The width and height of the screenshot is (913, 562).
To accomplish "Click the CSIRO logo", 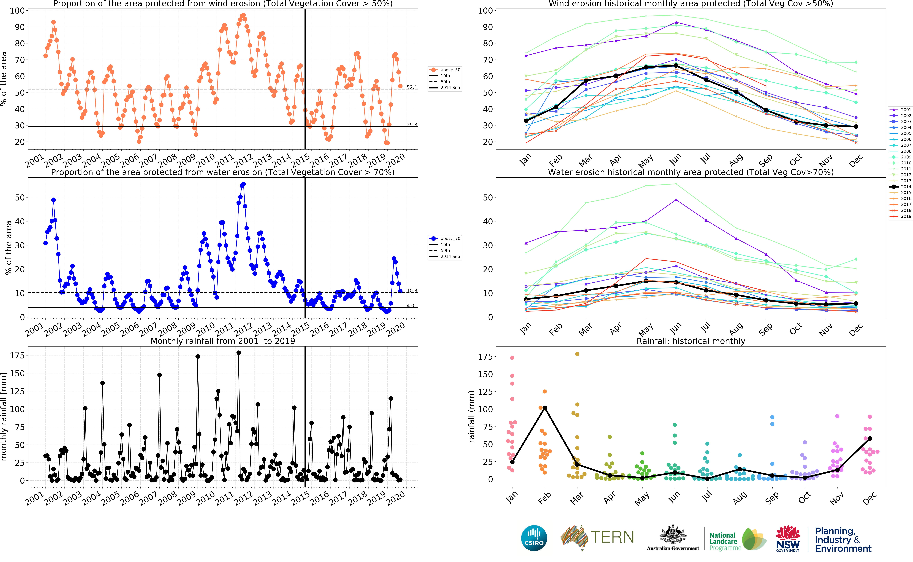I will pos(534,538).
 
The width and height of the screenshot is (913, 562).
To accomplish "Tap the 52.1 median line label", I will pos(412,87).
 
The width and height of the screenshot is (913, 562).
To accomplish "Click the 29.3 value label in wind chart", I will pos(412,124).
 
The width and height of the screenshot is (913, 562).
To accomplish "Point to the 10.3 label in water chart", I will pos(412,291).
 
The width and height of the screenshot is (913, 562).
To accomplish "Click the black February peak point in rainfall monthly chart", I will pos(545,408).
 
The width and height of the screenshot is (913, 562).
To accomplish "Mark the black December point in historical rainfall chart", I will pos(869,439).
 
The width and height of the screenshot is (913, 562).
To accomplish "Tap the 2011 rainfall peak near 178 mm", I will pos(239,353).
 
